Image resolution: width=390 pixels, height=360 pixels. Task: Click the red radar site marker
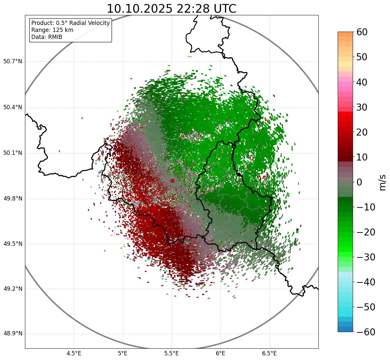coord(172,181)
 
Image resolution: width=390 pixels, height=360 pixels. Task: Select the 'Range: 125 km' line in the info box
coord(52,30)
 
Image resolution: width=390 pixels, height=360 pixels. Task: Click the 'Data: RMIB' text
coord(47,37)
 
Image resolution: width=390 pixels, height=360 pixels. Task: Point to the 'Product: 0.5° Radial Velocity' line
coord(70,23)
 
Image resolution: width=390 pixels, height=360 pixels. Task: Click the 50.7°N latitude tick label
coord(13,61)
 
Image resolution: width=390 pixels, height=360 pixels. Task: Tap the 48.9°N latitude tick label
coord(13,334)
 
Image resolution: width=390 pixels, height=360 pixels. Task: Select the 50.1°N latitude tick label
coord(13,153)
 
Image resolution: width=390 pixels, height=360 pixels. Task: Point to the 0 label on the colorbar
coord(359,182)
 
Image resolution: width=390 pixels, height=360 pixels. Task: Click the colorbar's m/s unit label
coord(383,182)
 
